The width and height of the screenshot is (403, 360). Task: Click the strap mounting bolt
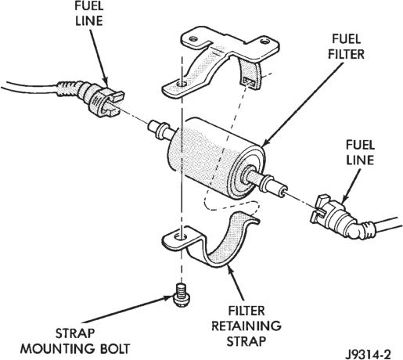[182, 295]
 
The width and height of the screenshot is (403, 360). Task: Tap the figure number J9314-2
[368, 355]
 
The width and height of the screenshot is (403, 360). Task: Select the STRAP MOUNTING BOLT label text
[75, 341]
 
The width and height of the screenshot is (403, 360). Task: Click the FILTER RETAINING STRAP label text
[246, 326]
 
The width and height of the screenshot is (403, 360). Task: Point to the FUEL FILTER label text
[346, 47]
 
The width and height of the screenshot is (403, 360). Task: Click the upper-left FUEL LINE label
[89, 13]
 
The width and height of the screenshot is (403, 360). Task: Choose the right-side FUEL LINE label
[360, 153]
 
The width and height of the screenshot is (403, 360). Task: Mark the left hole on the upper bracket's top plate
[193, 39]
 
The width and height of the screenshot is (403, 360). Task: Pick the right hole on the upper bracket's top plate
[264, 41]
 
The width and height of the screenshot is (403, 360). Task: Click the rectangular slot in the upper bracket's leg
[249, 81]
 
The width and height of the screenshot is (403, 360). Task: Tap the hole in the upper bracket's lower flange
[181, 85]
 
